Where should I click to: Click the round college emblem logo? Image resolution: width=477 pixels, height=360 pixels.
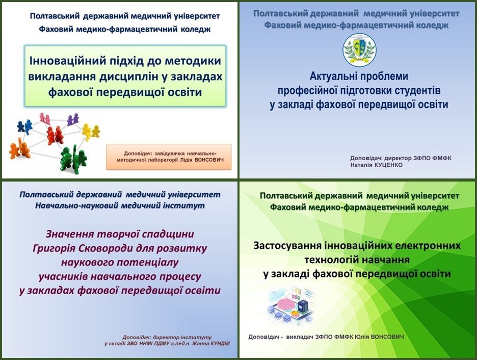tap(359, 50)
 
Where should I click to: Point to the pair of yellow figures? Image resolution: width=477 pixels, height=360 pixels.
tap(91, 132)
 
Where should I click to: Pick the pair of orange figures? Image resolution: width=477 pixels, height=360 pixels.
tap(20, 148)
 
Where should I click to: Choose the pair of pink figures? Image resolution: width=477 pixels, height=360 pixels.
tap(45, 118)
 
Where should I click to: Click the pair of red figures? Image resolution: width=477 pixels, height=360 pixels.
tap(55, 135)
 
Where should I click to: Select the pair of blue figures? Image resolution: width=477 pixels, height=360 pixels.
tap(24, 126)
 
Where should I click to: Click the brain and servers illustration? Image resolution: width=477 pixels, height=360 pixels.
tap(290, 305)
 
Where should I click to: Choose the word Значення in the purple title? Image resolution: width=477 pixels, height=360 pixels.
tap(70, 234)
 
